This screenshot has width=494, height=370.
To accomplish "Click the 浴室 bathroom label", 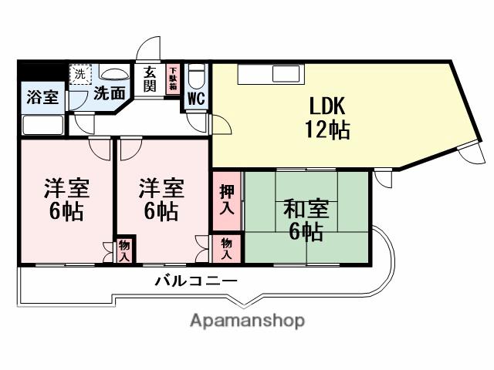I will pos(42,97).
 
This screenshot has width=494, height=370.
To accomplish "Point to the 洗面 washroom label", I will pos(110,94).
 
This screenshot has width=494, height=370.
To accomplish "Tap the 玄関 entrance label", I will pos(150,79).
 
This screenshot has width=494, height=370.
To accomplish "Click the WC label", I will pos(195,99).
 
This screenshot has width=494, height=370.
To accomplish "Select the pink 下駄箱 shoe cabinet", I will pos(174,79).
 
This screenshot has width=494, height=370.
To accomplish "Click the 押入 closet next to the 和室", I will pos(226,200).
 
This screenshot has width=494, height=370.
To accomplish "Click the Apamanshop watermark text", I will pos(247,320).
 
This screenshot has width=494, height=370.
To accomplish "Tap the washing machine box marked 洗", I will pos(80,76).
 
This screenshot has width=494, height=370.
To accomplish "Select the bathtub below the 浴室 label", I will pos(42,124).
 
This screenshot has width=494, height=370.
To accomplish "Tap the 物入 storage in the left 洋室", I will pos(123,251).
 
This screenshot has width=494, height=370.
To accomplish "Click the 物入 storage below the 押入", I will pos(226,247).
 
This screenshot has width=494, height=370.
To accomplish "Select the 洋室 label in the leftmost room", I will pos(66,187).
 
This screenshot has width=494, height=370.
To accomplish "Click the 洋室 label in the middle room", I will pos(161,187).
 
